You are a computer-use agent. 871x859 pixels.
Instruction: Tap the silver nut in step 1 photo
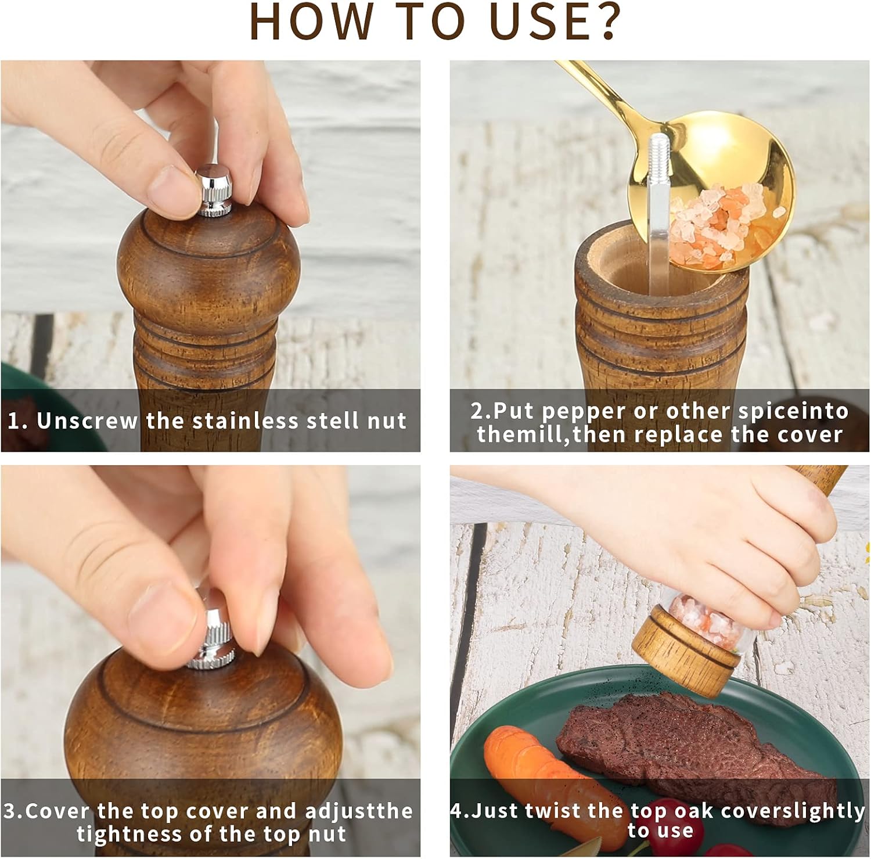pyautogui.click(x=213, y=191)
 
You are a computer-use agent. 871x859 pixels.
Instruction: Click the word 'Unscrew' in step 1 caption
pyautogui.click(x=87, y=420)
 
